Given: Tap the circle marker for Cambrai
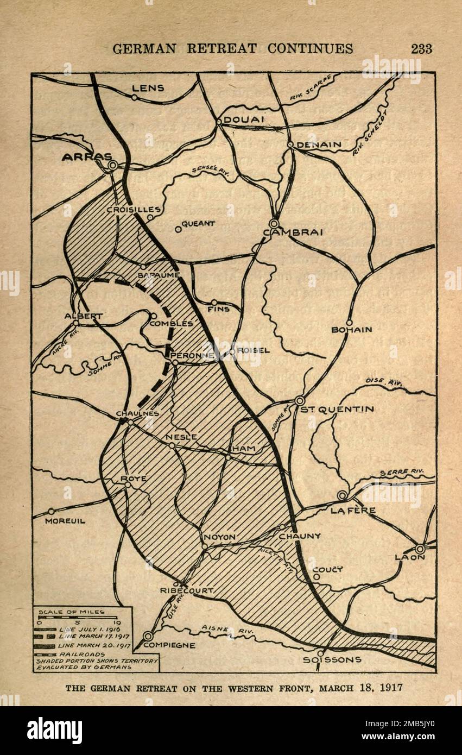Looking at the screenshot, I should click(274, 223).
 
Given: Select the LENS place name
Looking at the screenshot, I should click(148, 88).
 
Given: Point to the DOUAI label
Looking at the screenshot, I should click(244, 119).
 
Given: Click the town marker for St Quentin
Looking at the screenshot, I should click(300, 400).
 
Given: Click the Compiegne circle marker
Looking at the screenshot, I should click(148, 636).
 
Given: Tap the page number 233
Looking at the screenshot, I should click(421, 48).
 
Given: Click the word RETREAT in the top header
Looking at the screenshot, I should click(223, 48).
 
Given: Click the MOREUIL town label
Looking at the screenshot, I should click(65, 521).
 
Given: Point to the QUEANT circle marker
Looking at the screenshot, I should click(178, 229).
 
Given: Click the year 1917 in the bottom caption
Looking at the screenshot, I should click(389, 688).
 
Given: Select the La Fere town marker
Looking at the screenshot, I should click(342, 495).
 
